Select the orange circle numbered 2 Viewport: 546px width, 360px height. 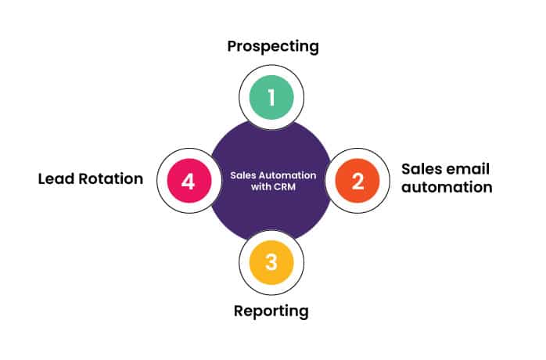pyautogui.click(x=357, y=181)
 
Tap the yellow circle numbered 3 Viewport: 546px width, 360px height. pyautogui.click(x=271, y=263)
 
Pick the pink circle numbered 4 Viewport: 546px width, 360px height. pyautogui.click(x=187, y=181)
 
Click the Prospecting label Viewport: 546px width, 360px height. pyautogui.click(x=273, y=46)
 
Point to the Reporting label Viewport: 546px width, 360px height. pyautogui.click(x=271, y=311)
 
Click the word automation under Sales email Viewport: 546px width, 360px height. pyautogui.click(x=447, y=188)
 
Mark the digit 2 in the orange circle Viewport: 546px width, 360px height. pyautogui.click(x=357, y=181)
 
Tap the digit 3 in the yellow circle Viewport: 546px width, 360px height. pyautogui.click(x=271, y=263)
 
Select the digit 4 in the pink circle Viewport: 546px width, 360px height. pyautogui.click(x=187, y=181)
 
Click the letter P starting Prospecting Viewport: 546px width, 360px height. pyautogui.click(x=233, y=46)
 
